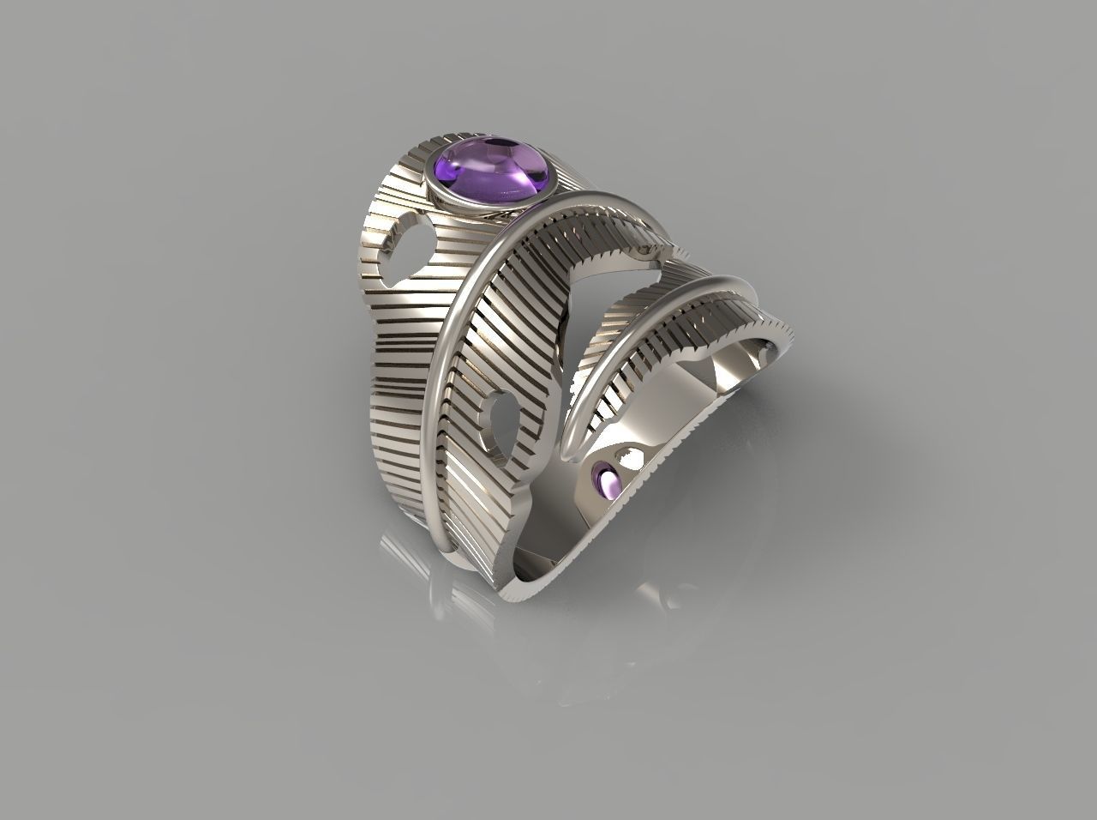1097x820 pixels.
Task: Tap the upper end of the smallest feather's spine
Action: point(728,283)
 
